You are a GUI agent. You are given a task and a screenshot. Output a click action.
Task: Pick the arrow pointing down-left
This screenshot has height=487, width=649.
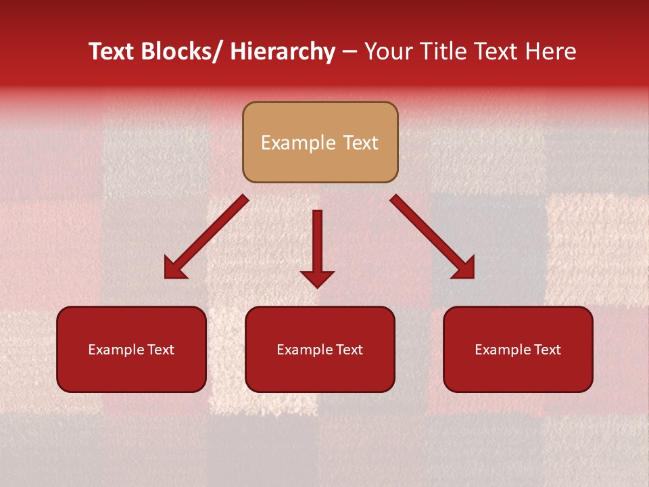click(x=206, y=237)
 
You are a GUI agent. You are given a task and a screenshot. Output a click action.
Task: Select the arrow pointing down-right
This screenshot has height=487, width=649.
click(x=433, y=237)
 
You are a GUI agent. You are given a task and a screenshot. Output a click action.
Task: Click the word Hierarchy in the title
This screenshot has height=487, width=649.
click(x=282, y=51)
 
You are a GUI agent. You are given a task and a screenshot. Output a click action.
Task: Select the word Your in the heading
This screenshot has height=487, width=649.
click(x=387, y=51)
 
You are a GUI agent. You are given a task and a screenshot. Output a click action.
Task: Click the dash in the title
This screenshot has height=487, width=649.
click(x=350, y=51)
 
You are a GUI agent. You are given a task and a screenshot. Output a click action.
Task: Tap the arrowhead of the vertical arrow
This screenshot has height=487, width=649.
click(x=317, y=278)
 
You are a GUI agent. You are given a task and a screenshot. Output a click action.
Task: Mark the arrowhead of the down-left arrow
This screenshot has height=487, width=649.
click(x=174, y=269)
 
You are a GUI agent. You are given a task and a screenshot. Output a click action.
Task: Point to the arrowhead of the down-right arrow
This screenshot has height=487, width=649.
click(x=464, y=269)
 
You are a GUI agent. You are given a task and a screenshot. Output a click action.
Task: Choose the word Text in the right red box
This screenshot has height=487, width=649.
click(x=547, y=350)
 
